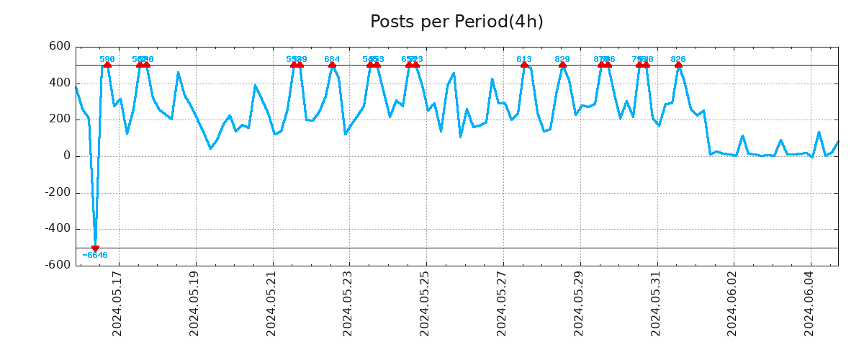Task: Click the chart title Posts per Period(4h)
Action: click(x=456, y=22)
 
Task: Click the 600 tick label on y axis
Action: click(x=60, y=47)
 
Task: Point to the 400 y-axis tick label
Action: click(x=60, y=84)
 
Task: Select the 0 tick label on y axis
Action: click(x=66, y=156)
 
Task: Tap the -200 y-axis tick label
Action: click(x=57, y=193)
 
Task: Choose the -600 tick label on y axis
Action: click(x=57, y=266)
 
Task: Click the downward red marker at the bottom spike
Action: click(x=95, y=248)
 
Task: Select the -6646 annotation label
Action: click(x=95, y=256)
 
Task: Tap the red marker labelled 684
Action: click(x=332, y=65)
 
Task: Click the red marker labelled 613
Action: click(x=524, y=65)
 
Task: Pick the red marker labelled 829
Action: click(x=562, y=65)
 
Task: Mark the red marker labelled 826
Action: click(x=678, y=65)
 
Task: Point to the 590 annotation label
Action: click(x=107, y=59)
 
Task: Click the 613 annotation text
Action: click(x=524, y=59)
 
